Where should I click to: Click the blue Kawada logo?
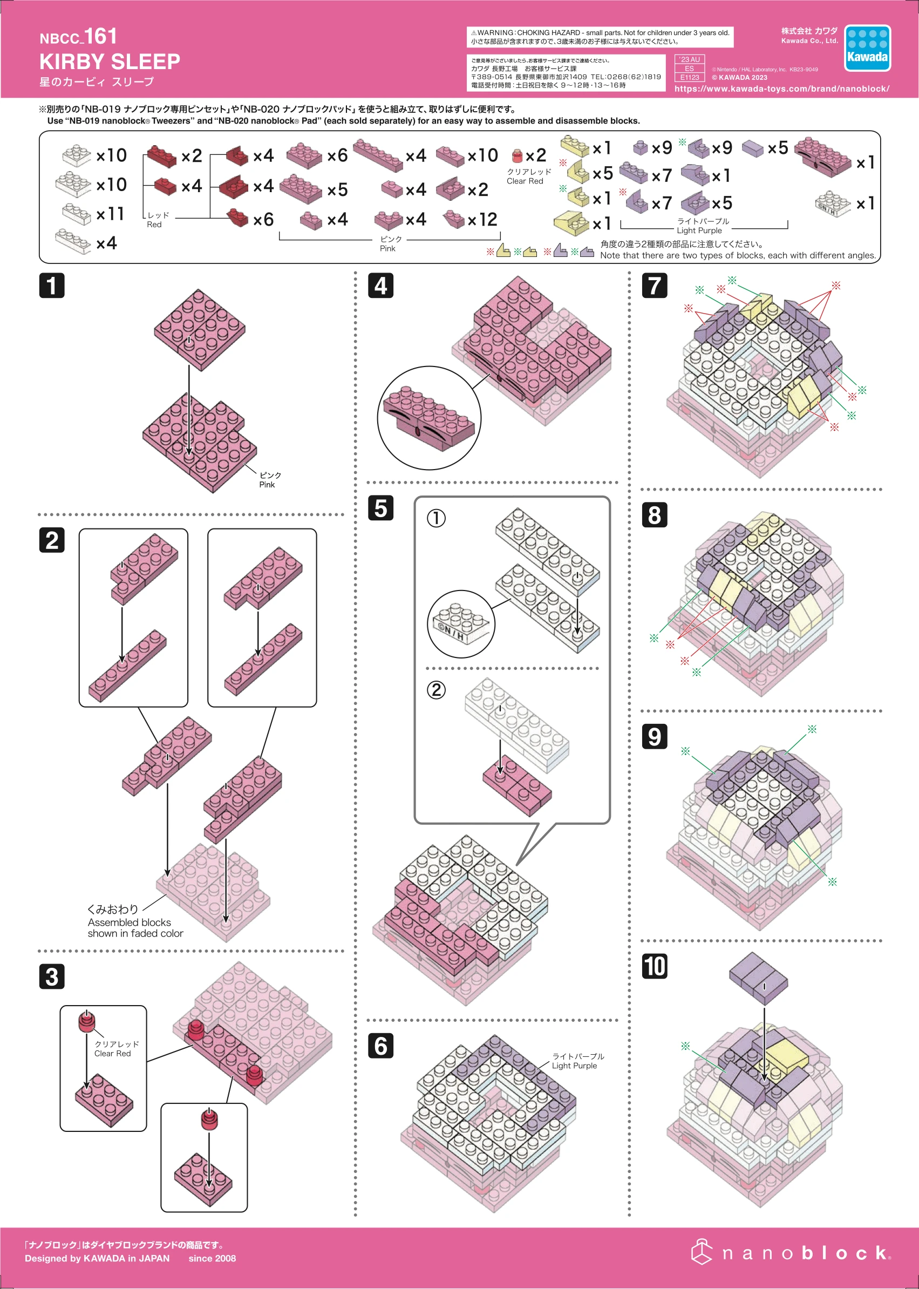tap(867, 48)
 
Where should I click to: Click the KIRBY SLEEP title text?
tap(110, 61)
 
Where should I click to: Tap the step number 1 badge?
tap(51, 286)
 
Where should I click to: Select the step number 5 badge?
tap(380, 508)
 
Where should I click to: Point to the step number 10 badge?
tap(654, 966)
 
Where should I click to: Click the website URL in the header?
tap(781, 89)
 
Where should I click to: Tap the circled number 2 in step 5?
tap(435, 689)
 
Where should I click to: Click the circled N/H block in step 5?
tap(461, 624)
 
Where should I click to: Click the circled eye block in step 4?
tap(429, 418)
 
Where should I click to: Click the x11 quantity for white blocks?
tap(110, 214)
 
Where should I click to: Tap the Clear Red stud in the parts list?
tap(516, 155)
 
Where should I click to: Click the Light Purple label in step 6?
tap(578, 1061)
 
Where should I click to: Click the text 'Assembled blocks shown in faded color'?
tap(135, 928)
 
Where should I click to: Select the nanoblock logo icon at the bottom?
tap(702, 1252)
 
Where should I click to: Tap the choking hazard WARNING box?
tap(600, 37)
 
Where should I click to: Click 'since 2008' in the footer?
tap(212, 1258)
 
